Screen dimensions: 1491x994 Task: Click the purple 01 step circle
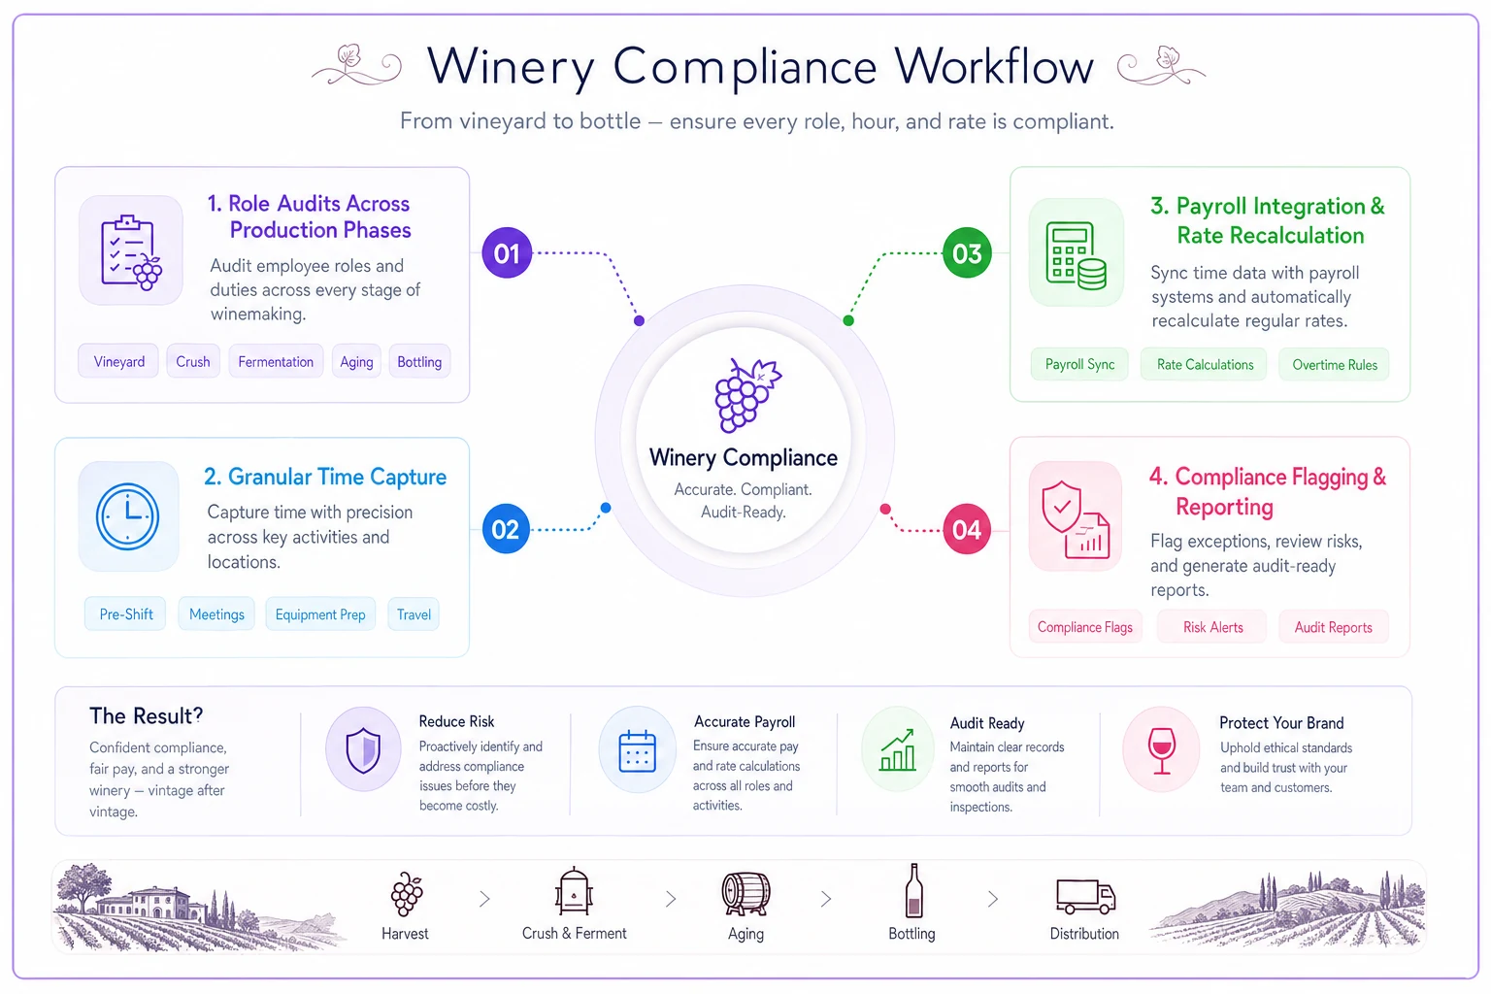[x=507, y=253]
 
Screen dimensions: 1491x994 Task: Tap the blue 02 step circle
[x=506, y=529]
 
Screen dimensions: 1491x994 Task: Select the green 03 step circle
[x=967, y=253]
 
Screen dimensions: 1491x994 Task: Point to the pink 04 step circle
[x=967, y=530]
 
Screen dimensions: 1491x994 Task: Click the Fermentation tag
[x=276, y=361]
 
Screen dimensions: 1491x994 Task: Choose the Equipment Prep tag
[x=320, y=613]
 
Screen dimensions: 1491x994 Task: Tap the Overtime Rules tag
[x=1334, y=365]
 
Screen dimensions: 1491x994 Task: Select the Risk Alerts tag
[x=1212, y=627]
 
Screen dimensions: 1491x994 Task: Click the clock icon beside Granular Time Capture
[x=128, y=516]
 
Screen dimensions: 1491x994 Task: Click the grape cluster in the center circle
[x=746, y=395]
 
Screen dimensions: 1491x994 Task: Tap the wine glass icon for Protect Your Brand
[x=1162, y=750]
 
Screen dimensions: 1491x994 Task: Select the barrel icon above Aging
[x=745, y=893]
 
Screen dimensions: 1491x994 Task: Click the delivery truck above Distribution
[x=1085, y=896]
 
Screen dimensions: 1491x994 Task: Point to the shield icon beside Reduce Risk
[x=363, y=750]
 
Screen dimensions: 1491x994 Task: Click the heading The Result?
[x=146, y=715]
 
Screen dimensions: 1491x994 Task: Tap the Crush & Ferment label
[x=574, y=934]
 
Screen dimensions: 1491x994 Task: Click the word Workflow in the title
[x=994, y=67]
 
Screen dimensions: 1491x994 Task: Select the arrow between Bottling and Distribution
[x=992, y=900]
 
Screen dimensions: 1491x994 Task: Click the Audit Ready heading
[x=987, y=723]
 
